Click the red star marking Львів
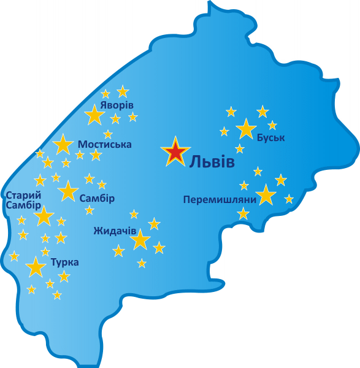coord(175,152)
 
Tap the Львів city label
coord(212,162)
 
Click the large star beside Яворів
coord(94,115)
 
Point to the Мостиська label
coord(104,144)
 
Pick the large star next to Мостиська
coord(63,145)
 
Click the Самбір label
coord(97,198)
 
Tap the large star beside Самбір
coord(67,191)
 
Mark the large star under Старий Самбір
coord(44,216)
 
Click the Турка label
coord(64,262)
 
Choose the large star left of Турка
coord(36,267)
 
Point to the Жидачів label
coord(115,231)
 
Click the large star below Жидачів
coord(140,240)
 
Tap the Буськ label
coord(271,137)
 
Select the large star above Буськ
coord(246,129)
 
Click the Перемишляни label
coord(220,199)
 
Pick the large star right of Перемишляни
coord(266,195)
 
